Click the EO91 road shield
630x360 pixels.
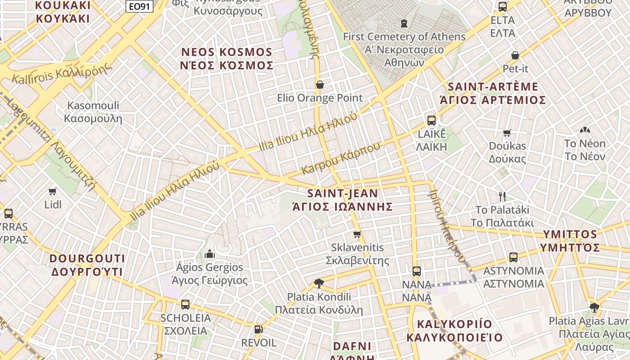click(x=139, y=6)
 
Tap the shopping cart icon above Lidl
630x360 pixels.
click(x=53, y=191)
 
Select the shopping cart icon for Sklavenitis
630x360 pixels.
click(x=357, y=234)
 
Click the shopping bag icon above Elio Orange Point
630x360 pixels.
click(x=320, y=85)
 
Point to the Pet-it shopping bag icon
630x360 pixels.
click(x=515, y=55)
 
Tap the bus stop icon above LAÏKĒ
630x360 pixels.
click(x=432, y=120)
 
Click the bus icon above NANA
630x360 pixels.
click(x=417, y=271)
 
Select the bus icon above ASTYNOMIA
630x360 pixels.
click(x=513, y=257)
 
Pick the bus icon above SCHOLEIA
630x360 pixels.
click(x=185, y=305)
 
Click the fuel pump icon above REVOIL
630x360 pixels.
click(x=259, y=329)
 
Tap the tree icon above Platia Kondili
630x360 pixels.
click(x=319, y=283)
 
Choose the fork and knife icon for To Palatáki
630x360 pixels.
click(x=503, y=196)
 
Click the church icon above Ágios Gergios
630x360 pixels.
click(x=210, y=254)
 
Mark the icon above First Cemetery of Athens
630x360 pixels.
click(x=404, y=23)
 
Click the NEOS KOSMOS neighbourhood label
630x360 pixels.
click(x=227, y=58)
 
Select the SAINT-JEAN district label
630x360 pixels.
click(x=342, y=200)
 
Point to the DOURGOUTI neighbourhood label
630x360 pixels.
click(x=87, y=265)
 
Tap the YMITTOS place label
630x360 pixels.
click(x=570, y=241)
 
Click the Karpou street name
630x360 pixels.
click(x=341, y=158)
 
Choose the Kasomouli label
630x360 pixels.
click(x=93, y=112)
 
